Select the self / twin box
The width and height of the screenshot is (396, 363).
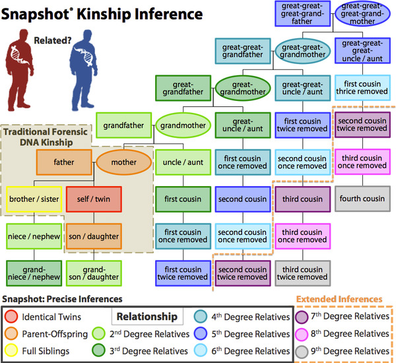click(x=89, y=198)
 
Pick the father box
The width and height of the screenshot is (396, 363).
click(x=64, y=160)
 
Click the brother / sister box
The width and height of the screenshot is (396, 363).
click(x=33, y=198)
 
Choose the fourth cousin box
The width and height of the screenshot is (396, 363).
click(x=362, y=198)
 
